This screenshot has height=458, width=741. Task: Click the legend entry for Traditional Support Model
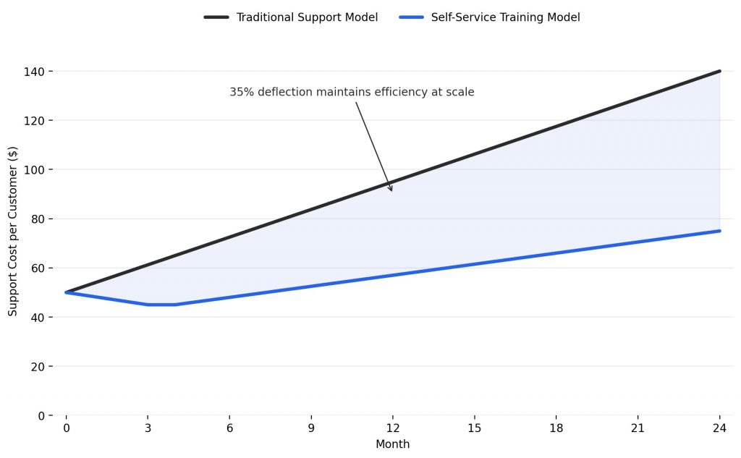pos(307,17)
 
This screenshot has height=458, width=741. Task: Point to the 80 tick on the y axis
pos(35,219)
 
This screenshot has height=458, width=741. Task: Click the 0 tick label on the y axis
pos(41,416)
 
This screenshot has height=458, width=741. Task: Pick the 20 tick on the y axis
pos(35,367)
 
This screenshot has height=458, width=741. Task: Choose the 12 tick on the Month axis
pos(392,428)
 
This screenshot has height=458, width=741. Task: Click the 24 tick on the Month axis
pos(719,428)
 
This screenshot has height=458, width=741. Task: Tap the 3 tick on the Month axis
pos(148,428)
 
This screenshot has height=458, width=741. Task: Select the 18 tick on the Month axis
pos(556,428)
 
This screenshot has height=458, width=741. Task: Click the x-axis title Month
pos(392,444)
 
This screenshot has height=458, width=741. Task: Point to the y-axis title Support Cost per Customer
pos(12,231)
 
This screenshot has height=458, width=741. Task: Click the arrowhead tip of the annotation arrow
pos(392,192)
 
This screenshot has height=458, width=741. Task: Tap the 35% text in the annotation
pos(241,93)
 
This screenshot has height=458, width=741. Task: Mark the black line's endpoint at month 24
pos(719,71)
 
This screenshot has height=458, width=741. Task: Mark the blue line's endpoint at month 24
pos(719,231)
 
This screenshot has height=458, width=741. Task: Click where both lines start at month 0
pos(66,292)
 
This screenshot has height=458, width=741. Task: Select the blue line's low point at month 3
pos(148,305)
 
